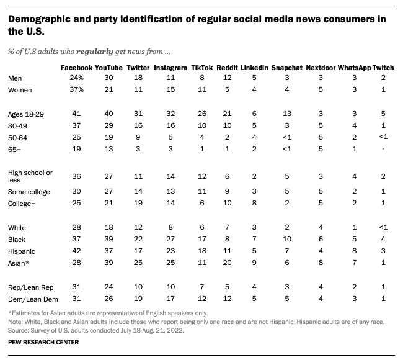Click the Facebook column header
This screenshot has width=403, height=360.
76,68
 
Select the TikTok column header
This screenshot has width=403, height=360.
202,68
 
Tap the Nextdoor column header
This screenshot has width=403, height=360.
321,68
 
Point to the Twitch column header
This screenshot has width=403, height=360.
383,68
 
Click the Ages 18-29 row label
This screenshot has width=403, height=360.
25,114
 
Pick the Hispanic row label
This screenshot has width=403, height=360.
21,251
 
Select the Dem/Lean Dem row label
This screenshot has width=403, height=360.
33,299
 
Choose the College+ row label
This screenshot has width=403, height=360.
21,204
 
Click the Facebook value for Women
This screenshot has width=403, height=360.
76,89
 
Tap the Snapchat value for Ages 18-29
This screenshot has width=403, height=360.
287,114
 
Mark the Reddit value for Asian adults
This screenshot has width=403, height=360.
227,263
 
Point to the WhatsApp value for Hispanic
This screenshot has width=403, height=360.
354,251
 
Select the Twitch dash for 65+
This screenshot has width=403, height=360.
383,149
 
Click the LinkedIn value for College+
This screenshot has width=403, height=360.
254,203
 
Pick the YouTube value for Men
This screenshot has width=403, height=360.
108,78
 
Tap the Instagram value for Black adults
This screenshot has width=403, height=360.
170,239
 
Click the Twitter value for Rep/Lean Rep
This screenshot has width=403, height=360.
138,287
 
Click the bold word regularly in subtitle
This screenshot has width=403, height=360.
95,52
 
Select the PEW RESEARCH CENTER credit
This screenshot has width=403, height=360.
43,342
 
